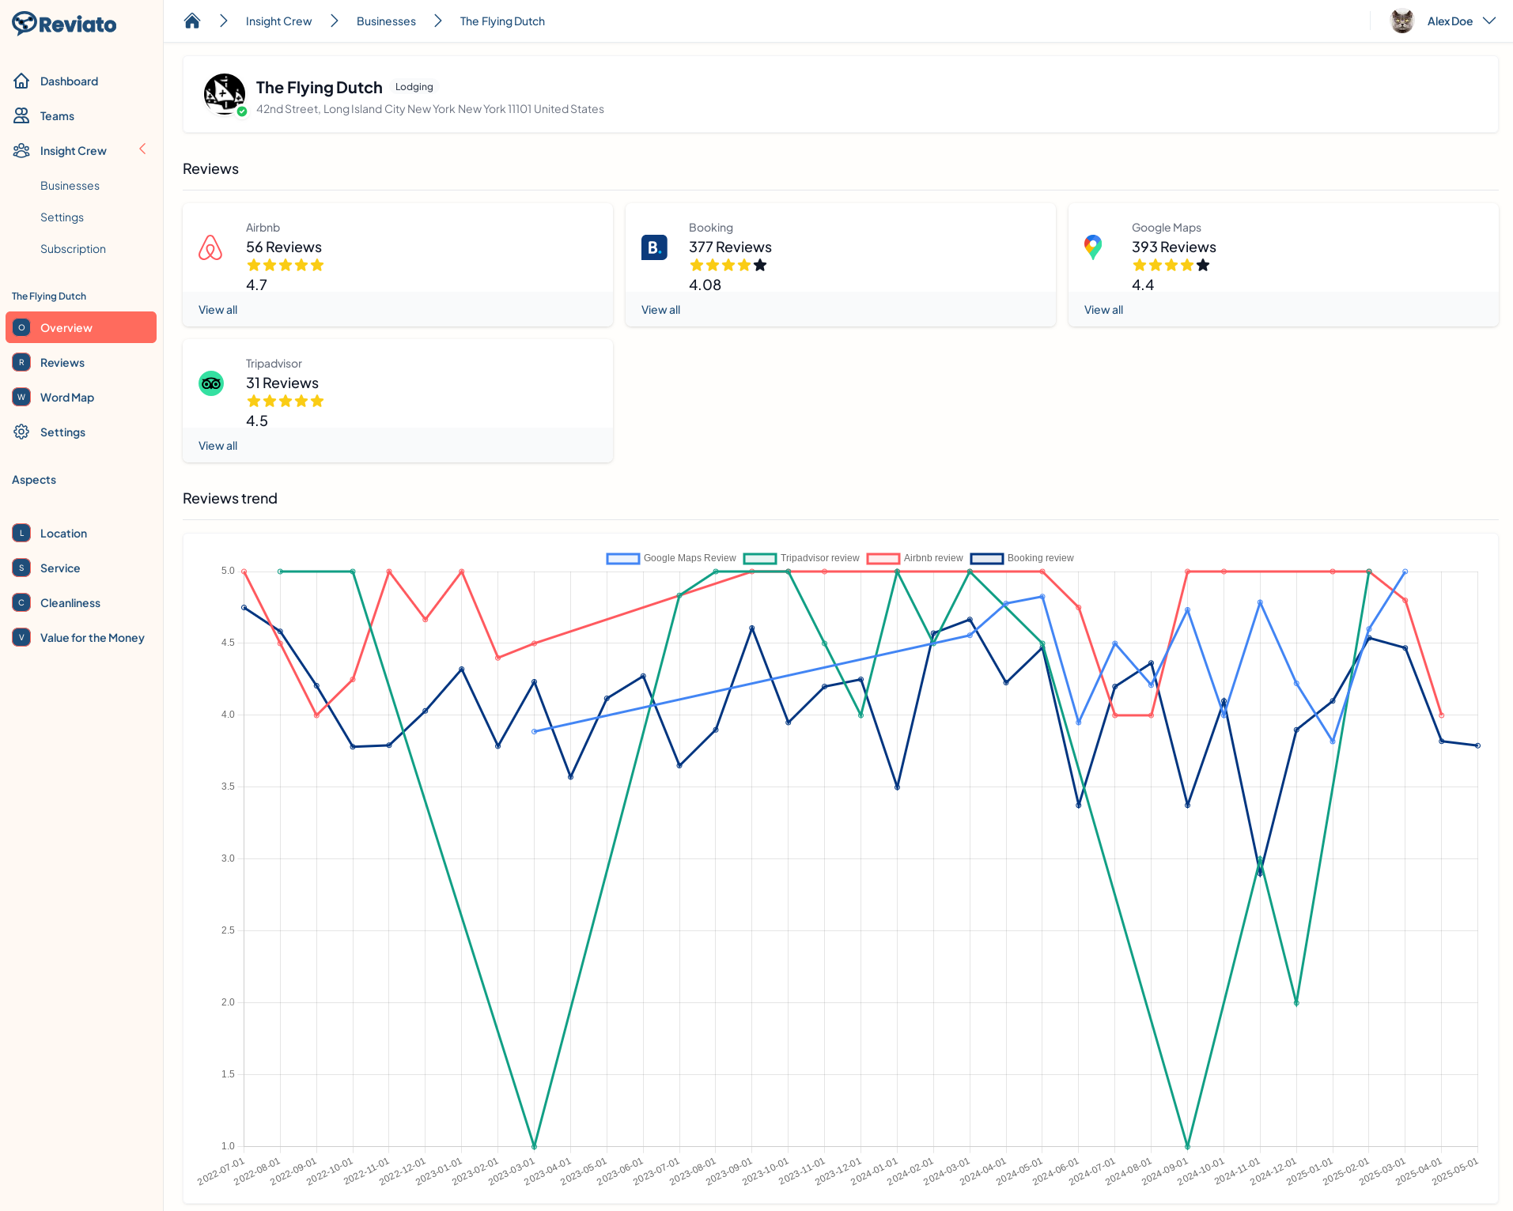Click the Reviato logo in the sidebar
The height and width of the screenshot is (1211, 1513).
pos(64,24)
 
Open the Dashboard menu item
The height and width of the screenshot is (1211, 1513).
pos(69,81)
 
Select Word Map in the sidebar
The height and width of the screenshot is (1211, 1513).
pos(66,398)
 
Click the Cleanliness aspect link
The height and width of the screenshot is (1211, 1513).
pos(70,603)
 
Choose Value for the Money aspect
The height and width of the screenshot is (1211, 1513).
pos(92,638)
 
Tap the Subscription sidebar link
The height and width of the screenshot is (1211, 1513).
pos(73,249)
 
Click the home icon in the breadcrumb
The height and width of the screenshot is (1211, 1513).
pos(192,21)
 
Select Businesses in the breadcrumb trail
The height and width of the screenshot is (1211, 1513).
pos(386,21)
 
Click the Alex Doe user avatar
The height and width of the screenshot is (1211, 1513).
pos(1401,21)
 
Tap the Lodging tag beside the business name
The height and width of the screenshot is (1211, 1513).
pos(414,87)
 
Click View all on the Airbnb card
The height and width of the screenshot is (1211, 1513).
pos(217,310)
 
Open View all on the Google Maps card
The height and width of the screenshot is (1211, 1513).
pos(1103,310)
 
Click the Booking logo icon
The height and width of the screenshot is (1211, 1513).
pos(654,247)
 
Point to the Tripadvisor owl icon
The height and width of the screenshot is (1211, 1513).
pos(211,383)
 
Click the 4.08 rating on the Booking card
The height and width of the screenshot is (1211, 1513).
pos(705,285)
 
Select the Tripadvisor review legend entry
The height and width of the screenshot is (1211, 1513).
pos(802,558)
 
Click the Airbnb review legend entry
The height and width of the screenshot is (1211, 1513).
pos(916,558)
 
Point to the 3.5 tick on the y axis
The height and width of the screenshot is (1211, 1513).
pos(228,787)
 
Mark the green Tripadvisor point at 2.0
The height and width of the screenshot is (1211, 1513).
pos(1296,1003)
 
